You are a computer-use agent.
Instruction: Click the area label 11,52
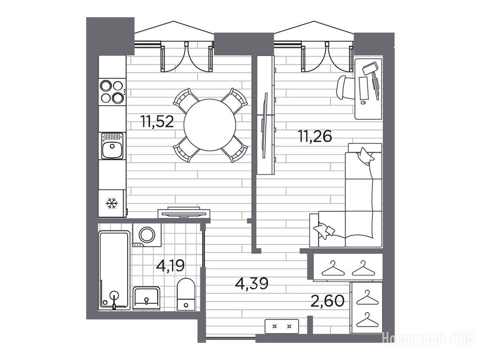point(157,122)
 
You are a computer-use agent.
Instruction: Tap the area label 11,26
point(315,136)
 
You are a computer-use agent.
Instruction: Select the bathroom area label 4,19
point(171,265)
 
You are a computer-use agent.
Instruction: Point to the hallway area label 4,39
point(252,283)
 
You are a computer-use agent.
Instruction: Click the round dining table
point(210,125)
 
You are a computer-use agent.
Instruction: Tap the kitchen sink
point(112,146)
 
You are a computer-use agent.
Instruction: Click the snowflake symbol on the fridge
point(112,203)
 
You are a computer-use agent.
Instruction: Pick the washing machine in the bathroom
point(147,235)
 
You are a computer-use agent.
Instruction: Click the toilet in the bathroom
point(186,294)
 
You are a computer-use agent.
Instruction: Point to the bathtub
point(114,270)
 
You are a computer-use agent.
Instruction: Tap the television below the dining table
point(184,213)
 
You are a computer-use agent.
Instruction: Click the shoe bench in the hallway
point(282,326)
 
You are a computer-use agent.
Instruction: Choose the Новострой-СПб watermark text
point(428,340)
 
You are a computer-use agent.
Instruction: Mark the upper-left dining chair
point(186,100)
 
